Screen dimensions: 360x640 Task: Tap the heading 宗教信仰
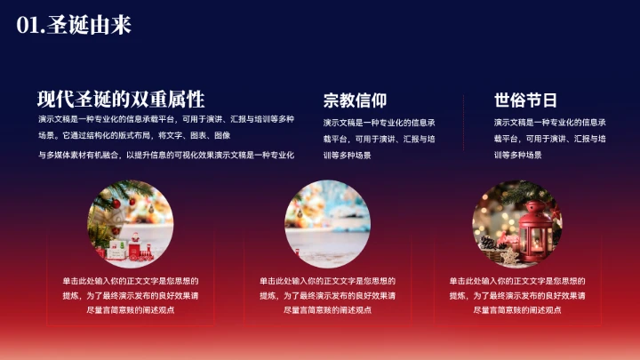click(355, 100)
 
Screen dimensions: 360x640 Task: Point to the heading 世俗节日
click(525, 100)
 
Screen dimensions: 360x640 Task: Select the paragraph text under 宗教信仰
click(379, 138)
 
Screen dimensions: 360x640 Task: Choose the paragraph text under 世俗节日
click(549, 138)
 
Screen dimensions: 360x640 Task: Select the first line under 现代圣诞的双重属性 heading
click(166, 119)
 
